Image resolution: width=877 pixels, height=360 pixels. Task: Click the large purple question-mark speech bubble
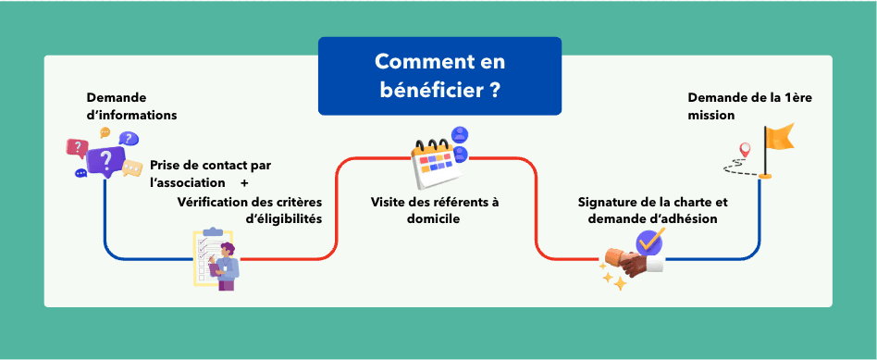coord(105,160)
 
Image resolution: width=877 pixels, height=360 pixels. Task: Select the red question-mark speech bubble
coord(76,147)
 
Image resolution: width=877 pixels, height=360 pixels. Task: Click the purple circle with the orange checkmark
coord(649,242)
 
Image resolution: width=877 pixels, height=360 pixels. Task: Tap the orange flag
coord(778,139)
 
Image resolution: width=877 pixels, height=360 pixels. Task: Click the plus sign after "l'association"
coord(244,182)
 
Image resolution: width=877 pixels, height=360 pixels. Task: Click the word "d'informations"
coord(131,116)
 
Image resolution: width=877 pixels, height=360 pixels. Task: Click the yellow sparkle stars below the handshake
coord(613,279)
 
